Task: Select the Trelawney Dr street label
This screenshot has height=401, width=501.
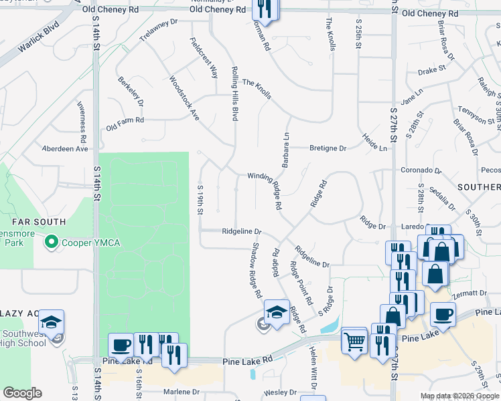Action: click(158, 31)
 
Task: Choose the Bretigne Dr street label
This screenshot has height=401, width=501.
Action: click(328, 148)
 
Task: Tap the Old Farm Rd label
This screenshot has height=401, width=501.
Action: click(125, 120)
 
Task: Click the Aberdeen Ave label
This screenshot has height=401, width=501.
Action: click(65, 148)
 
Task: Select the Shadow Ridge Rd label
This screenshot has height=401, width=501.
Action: click(255, 277)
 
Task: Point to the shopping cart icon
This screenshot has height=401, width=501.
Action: click(355, 342)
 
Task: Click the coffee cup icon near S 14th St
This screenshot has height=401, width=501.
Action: click(121, 345)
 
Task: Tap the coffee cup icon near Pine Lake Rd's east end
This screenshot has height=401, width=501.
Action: click(443, 313)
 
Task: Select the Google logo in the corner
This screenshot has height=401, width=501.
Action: click(22, 393)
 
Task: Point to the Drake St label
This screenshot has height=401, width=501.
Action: click(431, 70)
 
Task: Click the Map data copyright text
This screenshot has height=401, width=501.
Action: click(459, 396)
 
